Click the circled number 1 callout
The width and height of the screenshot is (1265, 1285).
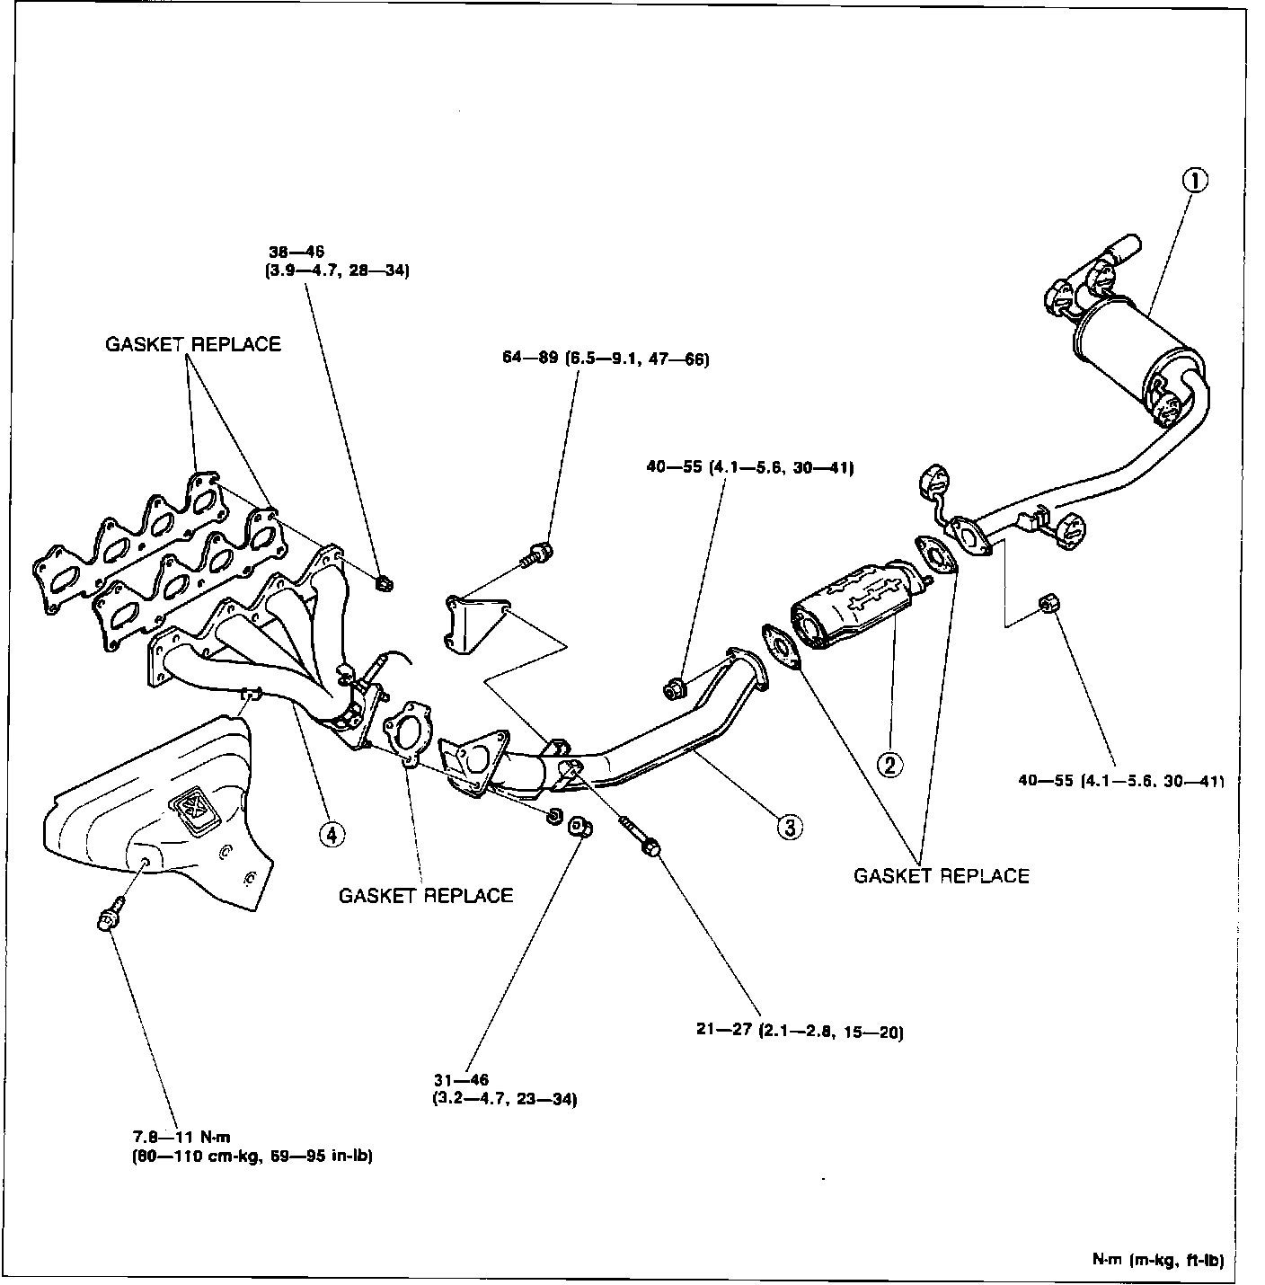pyautogui.click(x=1193, y=181)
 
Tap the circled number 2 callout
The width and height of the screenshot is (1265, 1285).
pyautogui.click(x=889, y=765)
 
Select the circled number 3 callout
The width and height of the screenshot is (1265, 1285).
pyautogui.click(x=789, y=827)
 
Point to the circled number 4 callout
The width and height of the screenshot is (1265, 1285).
pyautogui.click(x=332, y=834)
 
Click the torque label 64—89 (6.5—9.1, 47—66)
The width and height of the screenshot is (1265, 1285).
pyautogui.click(x=606, y=360)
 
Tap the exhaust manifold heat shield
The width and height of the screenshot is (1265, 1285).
pyautogui.click(x=162, y=809)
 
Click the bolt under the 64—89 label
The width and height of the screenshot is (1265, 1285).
pyautogui.click(x=537, y=554)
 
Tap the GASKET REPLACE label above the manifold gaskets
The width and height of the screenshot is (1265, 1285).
pyautogui.click(x=193, y=344)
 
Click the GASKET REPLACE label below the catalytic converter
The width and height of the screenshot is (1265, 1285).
pyautogui.click(x=941, y=875)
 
